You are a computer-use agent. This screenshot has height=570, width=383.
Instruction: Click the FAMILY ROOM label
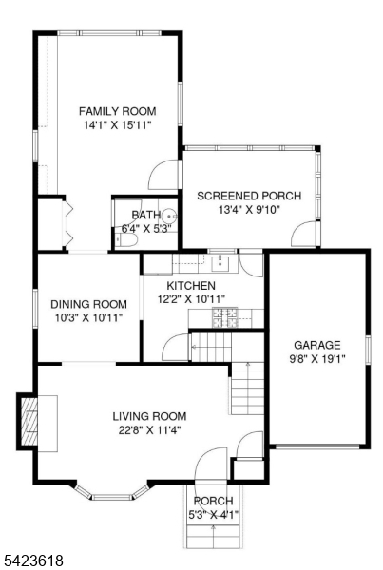(118, 111)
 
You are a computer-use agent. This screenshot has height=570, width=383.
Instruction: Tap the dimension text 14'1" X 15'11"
(118, 125)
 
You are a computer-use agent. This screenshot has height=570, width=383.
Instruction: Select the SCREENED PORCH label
(249, 196)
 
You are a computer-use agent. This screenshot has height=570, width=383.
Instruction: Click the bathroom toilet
(126, 240)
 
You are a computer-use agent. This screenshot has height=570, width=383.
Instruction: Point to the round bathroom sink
(169, 216)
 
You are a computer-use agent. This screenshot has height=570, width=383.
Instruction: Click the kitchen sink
(220, 264)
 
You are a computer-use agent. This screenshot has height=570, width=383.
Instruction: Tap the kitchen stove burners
(225, 317)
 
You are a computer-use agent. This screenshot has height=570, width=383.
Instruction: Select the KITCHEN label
(191, 285)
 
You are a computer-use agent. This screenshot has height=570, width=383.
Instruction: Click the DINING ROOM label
(88, 304)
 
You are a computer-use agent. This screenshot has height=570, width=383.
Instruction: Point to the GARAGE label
(317, 345)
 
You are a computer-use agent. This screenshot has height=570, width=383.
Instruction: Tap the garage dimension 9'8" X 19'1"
(317, 359)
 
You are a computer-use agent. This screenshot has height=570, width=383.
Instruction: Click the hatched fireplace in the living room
(29, 421)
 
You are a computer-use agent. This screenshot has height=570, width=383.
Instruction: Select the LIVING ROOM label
(149, 416)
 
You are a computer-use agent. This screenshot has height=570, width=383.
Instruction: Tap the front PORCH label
(214, 501)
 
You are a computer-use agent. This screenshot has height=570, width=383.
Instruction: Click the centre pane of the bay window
(111, 497)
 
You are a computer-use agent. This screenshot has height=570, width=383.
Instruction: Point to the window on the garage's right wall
(368, 350)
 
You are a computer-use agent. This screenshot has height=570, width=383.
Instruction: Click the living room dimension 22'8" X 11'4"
(149, 430)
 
